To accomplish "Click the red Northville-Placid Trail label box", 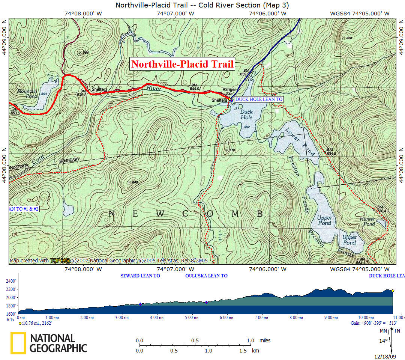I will coord(183,64).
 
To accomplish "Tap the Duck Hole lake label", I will coord(246,114).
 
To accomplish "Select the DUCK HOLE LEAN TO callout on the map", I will coord(259,99).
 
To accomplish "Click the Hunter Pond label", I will coord(367,221).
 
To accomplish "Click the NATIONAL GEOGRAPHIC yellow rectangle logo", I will coord(18,343).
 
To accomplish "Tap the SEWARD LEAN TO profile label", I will coord(140,276).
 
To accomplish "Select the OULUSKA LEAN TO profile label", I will coord(206,276).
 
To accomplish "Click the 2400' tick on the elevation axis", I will coord(11,281).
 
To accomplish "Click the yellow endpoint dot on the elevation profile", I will coord(393,291).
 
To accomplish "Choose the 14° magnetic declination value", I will coord(383,341).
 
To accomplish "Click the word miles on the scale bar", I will coord(265,340).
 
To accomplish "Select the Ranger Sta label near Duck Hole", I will coord(229,91).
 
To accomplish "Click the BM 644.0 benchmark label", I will coord(194,87).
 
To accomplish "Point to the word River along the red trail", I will coord(154,89).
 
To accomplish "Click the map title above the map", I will coord(202,5).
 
